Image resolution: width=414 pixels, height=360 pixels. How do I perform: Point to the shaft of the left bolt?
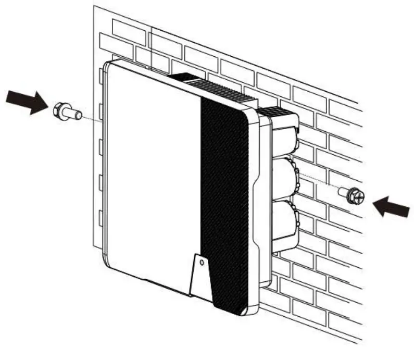(74, 113)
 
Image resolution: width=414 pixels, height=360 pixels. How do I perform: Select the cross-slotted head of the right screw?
(357, 197)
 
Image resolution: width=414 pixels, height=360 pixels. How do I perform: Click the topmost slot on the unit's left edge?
(102, 75)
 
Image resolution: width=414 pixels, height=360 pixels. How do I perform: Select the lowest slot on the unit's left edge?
(102, 217)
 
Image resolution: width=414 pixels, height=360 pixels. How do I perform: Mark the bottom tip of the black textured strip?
(241, 313)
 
